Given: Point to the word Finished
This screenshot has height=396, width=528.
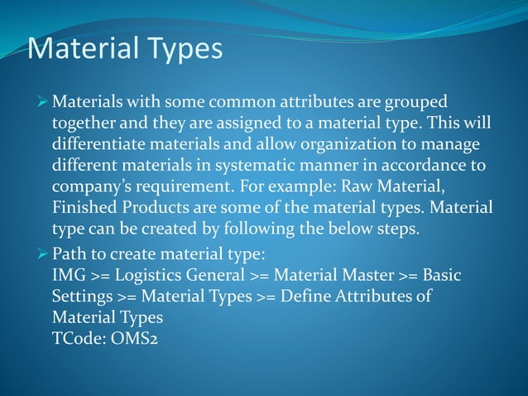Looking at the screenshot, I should pos(85,207).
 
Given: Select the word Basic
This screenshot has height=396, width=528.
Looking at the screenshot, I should pos(442,274).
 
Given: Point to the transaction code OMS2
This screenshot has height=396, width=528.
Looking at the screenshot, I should pos(128,338).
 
